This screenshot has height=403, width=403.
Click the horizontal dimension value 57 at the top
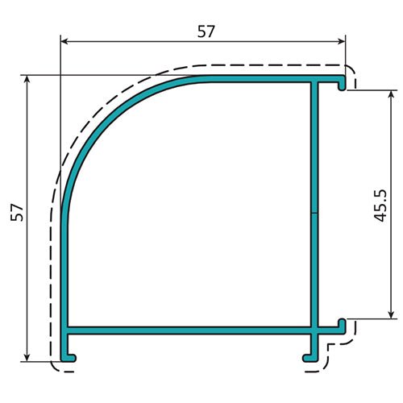pos(206,31)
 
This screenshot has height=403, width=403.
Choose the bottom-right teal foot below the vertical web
pos(310,353)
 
